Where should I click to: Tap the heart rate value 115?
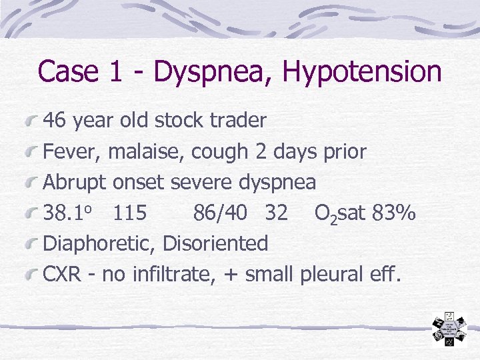(x=131, y=213)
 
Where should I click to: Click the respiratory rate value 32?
(x=276, y=213)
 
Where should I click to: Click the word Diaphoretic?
(x=99, y=243)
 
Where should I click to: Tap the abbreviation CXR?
(x=63, y=274)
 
